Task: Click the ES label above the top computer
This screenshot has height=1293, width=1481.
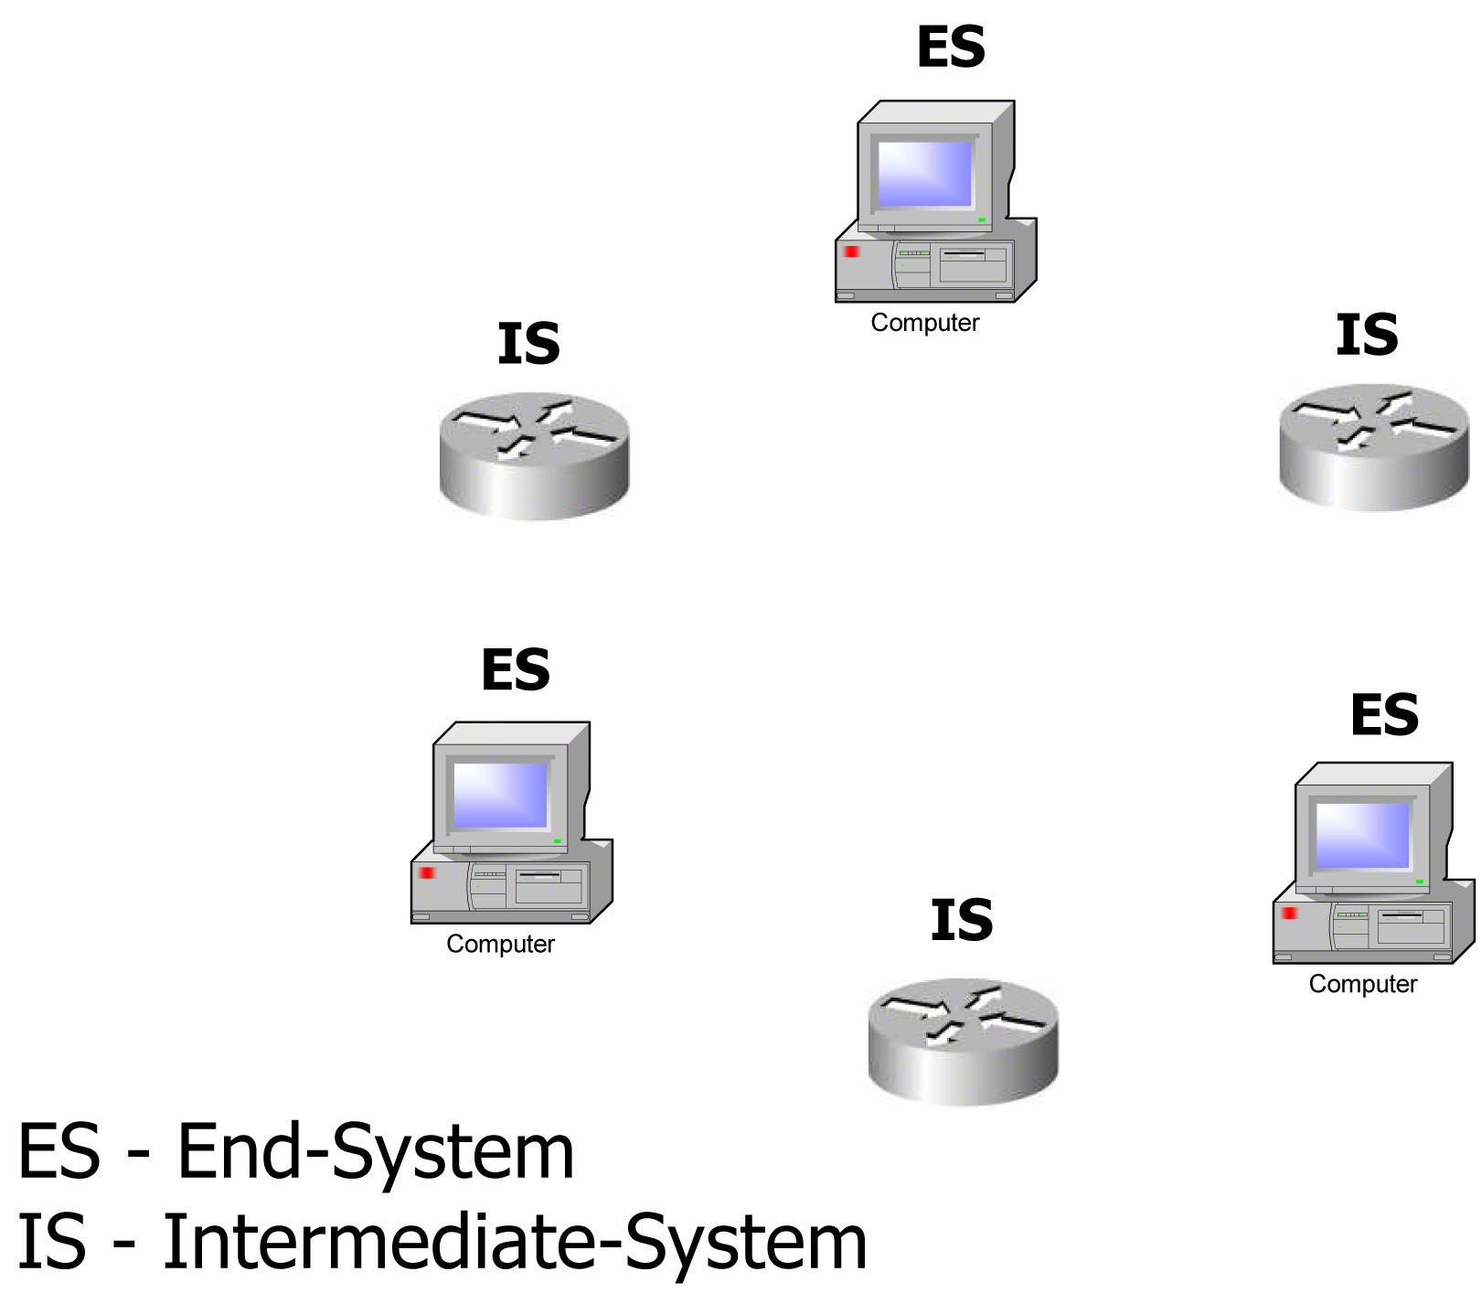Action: pyautogui.click(x=951, y=48)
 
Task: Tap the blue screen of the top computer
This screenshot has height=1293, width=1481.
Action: pyautogui.click(x=924, y=174)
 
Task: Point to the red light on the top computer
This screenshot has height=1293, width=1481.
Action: pyautogui.click(x=852, y=251)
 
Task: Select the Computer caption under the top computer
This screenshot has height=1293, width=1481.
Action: pyautogui.click(x=924, y=323)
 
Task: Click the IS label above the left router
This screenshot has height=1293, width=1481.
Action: pyautogui.click(x=528, y=345)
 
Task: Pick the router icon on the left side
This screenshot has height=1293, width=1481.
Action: pyautogui.click(x=534, y=456)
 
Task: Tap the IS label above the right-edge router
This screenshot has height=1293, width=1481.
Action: pyautogui.click(x=1367, y=336)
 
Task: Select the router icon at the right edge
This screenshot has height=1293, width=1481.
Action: pyautogui.click(x=1373, y=447)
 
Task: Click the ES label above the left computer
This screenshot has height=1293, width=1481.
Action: pyautogui.click(x=516, y=670)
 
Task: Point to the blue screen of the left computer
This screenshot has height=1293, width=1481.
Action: pyautogui.click(x=500, y=795)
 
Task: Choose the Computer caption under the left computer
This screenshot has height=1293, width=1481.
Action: pyautogui.click(x=500, y=944)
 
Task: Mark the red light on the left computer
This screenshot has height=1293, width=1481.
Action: pyautogui.click(x=427, y=873)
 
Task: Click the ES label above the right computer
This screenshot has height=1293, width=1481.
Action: pyautogui.click(x=1384, y=715)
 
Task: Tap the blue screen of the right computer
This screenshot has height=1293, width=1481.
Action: pyautogui.click(x=1362, y=835)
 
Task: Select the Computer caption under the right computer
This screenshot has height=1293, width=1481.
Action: pyautogui.click(x=1362, y=984)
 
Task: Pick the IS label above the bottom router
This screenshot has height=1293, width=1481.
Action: pyautogui.click(x=962, y=921)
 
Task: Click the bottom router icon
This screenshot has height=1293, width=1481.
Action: pyautogui.click(x=963, y=1042)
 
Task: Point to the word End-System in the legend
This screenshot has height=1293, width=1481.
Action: pyautogui.click(x=375, y=1152)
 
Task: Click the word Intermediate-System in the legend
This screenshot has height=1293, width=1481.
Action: pyautogui.click(x=515, y=1242)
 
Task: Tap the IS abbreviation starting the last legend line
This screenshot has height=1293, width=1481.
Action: pyautogui.click(x=52, y=1242)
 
